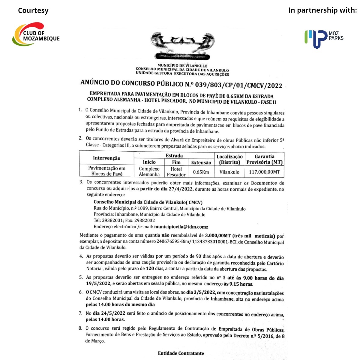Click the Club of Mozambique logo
click(x=36, y=34)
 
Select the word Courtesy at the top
click(x=33, y=11)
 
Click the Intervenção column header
click(x=106, y=158)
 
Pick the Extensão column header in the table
click(x=201, y=162)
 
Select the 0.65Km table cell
click(x=201, y=172)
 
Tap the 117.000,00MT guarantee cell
click(x=264, y=172)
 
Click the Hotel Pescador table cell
click(x=176, y=172)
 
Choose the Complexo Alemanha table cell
click(x=149, y=171)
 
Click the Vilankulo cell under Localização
click(x=229, y=172)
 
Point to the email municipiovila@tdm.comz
click(x=181, y=227)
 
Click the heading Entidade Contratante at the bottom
click(x=181, y=353)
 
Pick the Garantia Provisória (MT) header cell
click(x=264, y=159)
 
